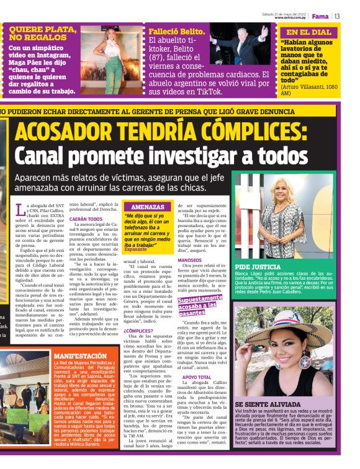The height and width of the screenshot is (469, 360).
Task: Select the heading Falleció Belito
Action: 176,32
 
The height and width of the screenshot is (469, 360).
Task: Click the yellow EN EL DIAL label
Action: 308,32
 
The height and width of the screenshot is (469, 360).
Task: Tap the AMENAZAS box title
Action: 148,207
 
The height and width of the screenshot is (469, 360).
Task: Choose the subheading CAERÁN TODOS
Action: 86,219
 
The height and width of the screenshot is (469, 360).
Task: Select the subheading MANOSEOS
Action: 190,261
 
